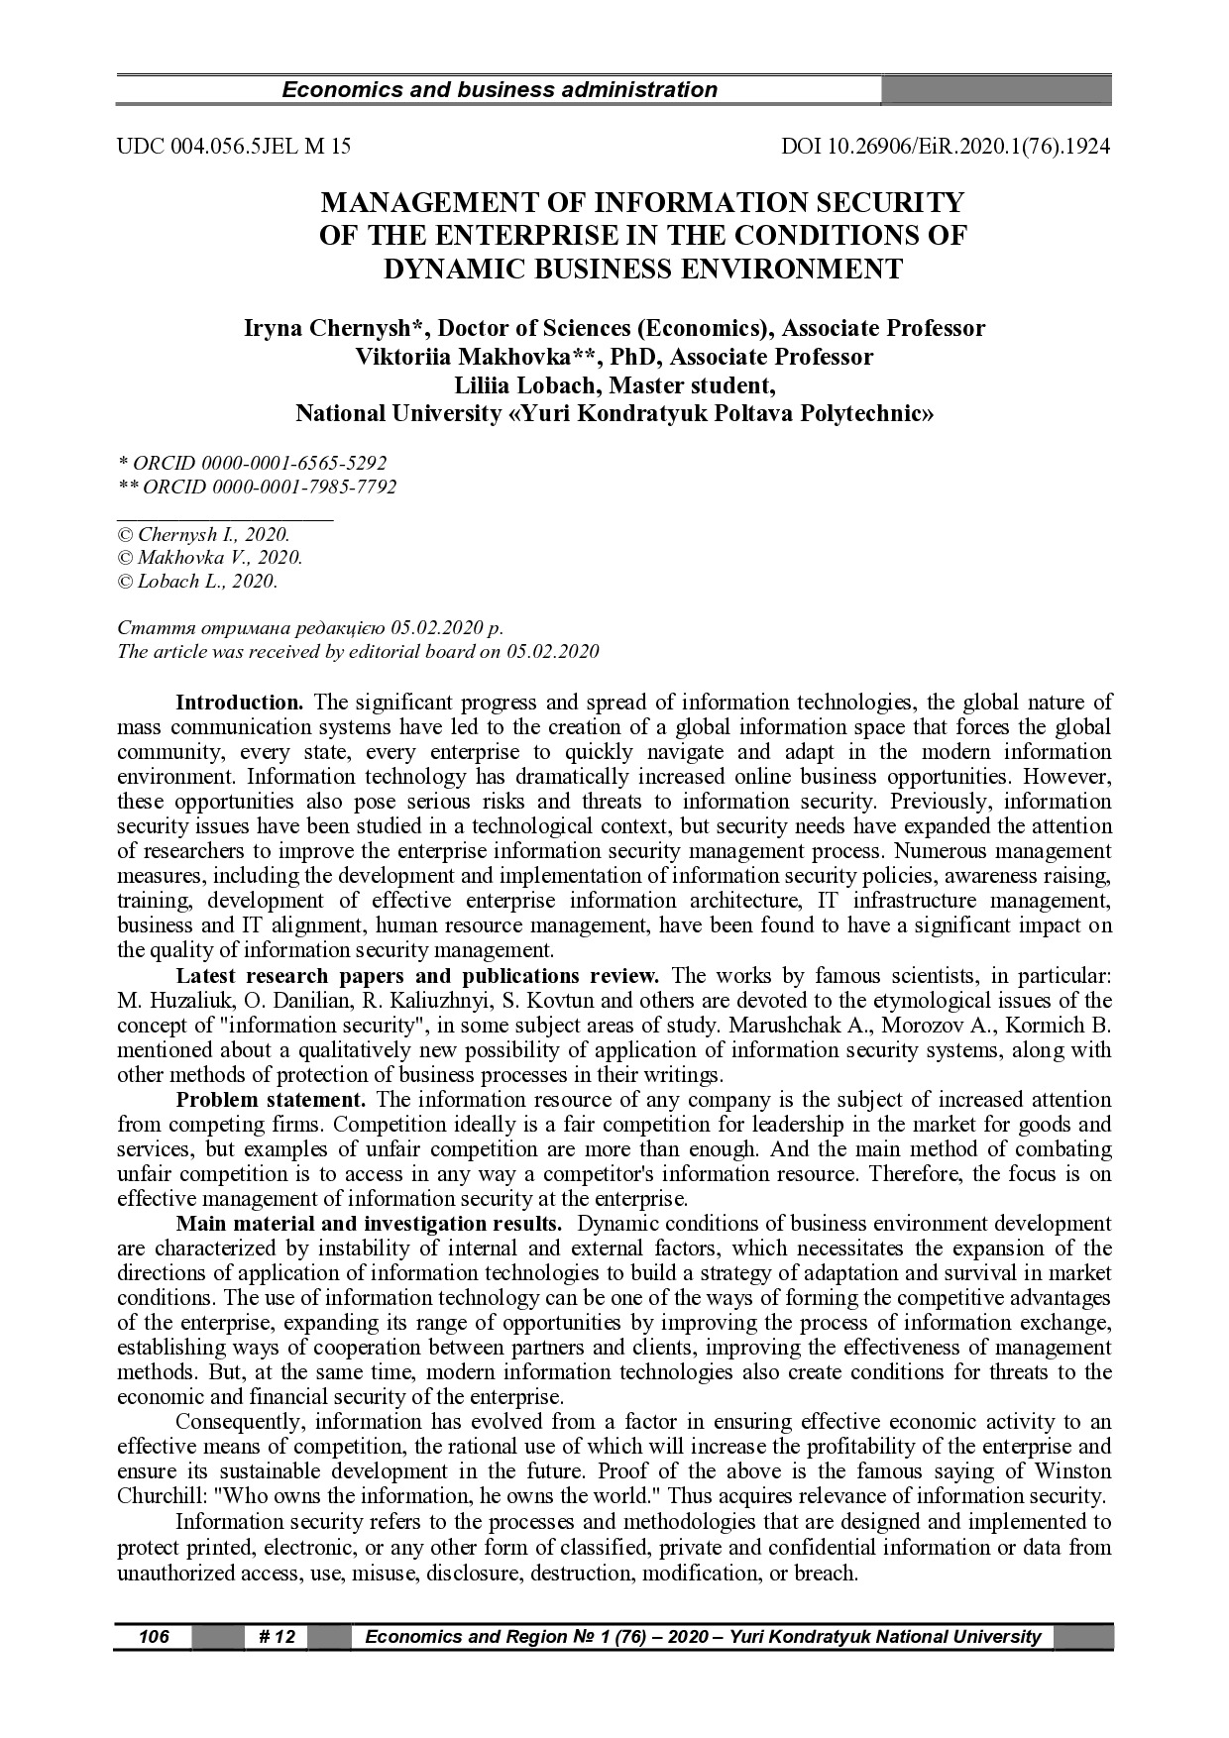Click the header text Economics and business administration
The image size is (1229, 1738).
tap(500, 90)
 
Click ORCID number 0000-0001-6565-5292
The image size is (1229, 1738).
tap(293, 463)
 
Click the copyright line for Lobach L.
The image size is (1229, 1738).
tap(197, 582)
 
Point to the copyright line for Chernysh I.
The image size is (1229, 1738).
tap(203, 534)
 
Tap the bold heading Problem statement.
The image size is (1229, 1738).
tap(271, 1099)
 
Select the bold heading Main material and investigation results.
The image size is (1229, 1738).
tap(370, 1224)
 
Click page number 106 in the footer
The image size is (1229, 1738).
tap(154, 1637)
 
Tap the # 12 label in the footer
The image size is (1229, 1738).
tap(277, 1637)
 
